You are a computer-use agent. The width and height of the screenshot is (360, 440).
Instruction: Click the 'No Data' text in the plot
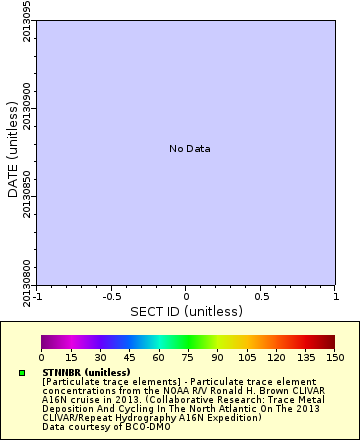point(189,149)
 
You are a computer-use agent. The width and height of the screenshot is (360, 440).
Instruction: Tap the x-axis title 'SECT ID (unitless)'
point(186,312)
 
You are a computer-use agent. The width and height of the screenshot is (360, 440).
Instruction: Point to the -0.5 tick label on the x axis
point(112,297)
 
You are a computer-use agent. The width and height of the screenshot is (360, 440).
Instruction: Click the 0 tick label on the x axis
point(186,297)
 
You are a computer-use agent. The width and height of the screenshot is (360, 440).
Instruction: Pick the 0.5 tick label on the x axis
point(261,297)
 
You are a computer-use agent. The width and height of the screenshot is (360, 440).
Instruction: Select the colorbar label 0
point(42,357)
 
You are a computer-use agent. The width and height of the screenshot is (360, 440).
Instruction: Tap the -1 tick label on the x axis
point(37,297)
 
